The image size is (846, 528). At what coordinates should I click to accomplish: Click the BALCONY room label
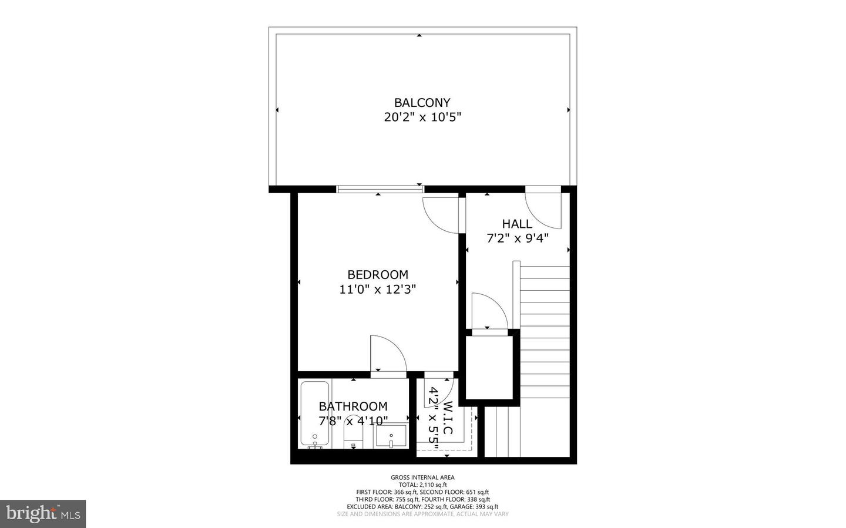click(422, 103)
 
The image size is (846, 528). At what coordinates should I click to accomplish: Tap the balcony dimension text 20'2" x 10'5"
click(422, 117)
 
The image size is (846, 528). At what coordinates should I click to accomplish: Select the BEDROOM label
click(377, 274)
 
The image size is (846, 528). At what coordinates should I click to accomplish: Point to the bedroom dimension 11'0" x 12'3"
click(377, 290)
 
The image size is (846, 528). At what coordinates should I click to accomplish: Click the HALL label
click(517, 224)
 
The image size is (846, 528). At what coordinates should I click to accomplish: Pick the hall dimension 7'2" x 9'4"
click(517, 238)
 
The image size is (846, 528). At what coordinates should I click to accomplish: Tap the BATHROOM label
click(352, 406)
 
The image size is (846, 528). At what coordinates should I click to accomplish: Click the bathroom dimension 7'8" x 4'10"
click(352, 421)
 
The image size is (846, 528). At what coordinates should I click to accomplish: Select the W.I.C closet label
click(448, 418)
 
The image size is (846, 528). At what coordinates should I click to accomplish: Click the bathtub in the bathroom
click(314, 414)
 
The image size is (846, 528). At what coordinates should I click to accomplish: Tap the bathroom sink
click(391, 437)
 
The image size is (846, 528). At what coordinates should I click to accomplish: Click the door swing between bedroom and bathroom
click(387, 354)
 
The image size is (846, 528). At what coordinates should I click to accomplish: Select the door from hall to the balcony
click(544, 208)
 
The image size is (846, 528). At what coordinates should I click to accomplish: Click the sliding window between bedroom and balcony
click(380, 189)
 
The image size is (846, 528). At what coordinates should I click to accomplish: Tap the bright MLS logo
click(43, 514)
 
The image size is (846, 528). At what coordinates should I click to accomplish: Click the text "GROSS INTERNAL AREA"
click(422, 477)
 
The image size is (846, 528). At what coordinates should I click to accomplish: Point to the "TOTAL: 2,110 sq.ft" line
click(422, 485)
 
